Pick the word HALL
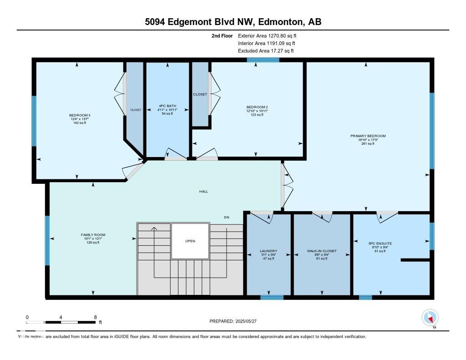pos(203,192)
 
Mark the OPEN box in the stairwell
pos(190,241)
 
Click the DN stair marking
pos(226,218)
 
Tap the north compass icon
pos(430,318)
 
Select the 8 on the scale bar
pos(95,317)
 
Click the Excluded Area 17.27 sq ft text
pos(266,51)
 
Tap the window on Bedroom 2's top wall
pos(263,60)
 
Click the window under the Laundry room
pos(272,298)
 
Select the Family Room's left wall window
pos(47,240)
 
